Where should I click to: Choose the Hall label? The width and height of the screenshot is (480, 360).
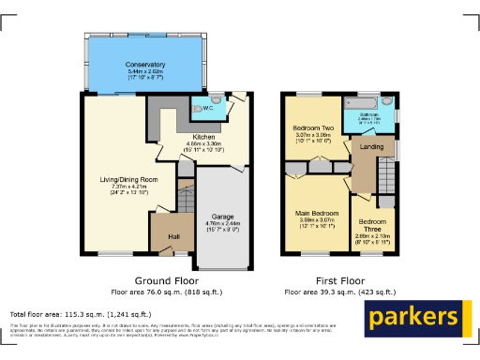[x=173, y=236]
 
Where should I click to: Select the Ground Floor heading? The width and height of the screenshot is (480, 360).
[x=165, y=280]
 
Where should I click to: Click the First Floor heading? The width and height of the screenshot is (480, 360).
[x=339, y=280]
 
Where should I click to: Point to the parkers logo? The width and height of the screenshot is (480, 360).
[x=413, y=319]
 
